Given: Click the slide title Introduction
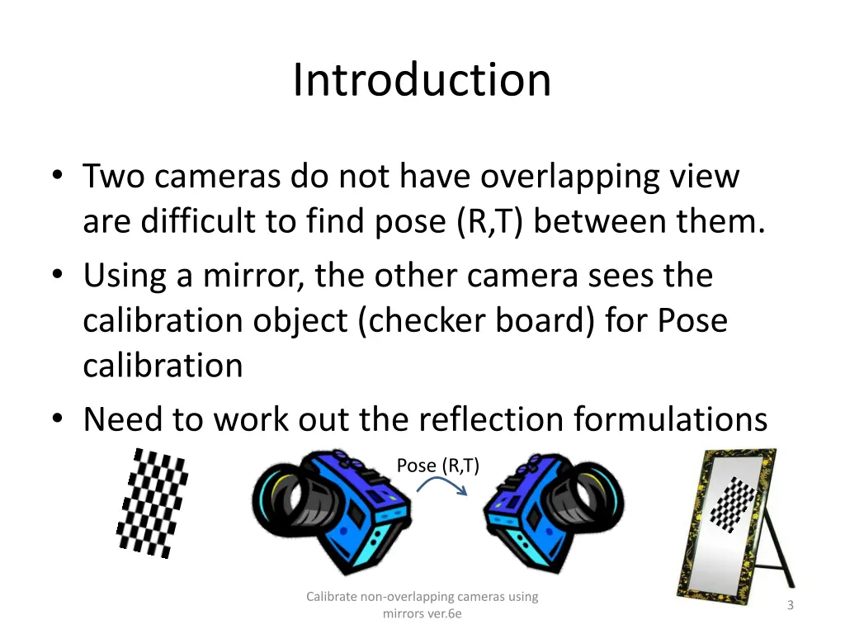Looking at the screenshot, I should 422,80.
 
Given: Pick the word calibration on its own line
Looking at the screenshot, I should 163,365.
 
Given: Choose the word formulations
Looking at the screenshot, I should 671,419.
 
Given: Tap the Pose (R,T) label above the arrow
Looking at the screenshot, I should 437,466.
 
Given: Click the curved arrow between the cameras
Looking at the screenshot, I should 442,486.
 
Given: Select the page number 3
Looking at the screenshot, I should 790,605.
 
